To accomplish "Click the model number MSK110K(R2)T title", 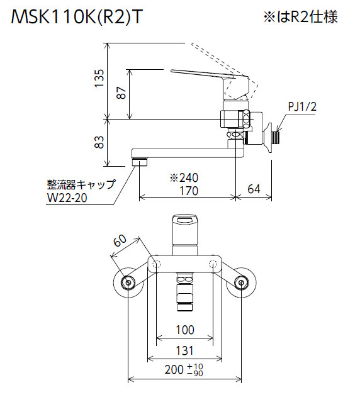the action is point(76,18).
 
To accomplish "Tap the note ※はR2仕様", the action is point(301,17).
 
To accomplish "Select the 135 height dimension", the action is point(99,78).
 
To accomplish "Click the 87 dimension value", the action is point(121,93).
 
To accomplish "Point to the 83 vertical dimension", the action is point(99,142).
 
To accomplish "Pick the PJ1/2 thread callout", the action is point(302,106).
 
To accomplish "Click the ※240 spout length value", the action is point(184,177).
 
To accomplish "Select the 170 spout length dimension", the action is point(189,191).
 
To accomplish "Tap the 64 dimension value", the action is point(254,189).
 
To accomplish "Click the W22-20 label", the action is point(67,198).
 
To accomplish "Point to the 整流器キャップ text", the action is point(81,184).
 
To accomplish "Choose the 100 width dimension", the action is point(185,330).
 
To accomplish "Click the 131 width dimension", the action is point(184,350).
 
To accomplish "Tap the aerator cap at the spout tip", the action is point(140,162).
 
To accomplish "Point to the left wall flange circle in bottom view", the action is point(128,282).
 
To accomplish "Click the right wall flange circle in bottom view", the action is point(241,282).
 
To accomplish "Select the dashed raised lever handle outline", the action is point(226,69).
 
